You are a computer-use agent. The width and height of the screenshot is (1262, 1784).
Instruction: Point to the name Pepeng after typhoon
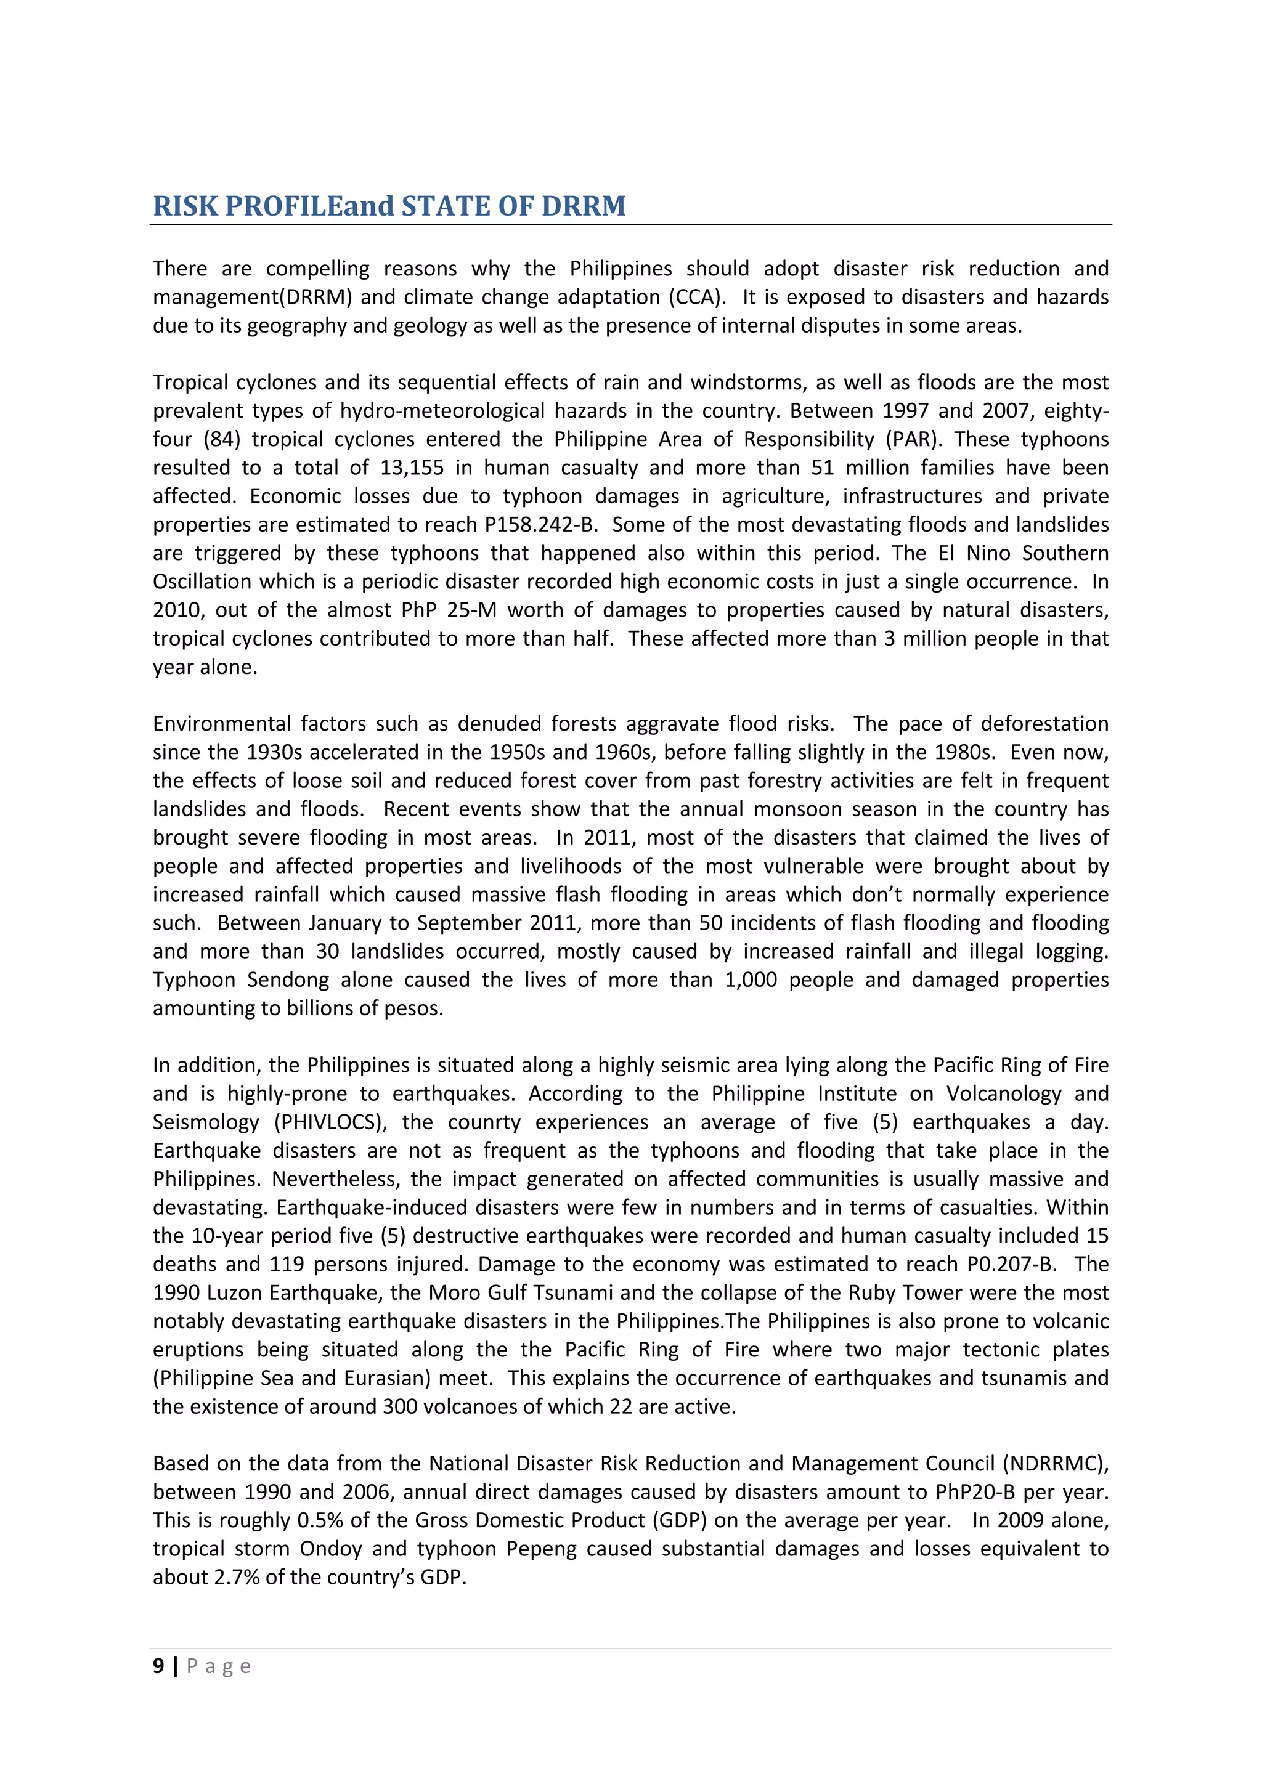pyautogui.click(x=540, y=1549)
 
